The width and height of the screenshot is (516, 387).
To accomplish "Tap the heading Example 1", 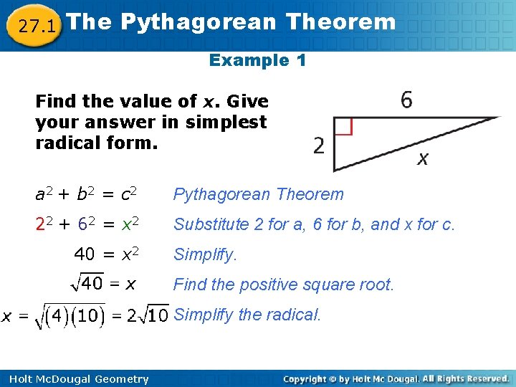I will coord(257,60).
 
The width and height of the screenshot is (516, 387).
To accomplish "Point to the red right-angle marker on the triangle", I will coord(343,126).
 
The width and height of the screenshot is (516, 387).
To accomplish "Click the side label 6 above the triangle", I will coord(406,100).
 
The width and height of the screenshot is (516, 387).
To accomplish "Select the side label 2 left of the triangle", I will coord(319,146).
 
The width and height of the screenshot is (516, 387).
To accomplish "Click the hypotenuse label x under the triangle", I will coord(423,159).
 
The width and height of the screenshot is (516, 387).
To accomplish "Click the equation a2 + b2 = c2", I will coord(87,194).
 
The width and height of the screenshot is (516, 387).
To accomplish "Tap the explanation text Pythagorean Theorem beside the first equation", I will coord(259,194).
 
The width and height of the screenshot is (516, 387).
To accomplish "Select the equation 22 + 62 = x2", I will coord(87,224).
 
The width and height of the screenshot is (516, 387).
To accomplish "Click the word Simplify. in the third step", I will coord(205,254).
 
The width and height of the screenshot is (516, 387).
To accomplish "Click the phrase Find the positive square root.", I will coord(284,285).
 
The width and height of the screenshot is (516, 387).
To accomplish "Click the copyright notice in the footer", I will coord(396,378).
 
